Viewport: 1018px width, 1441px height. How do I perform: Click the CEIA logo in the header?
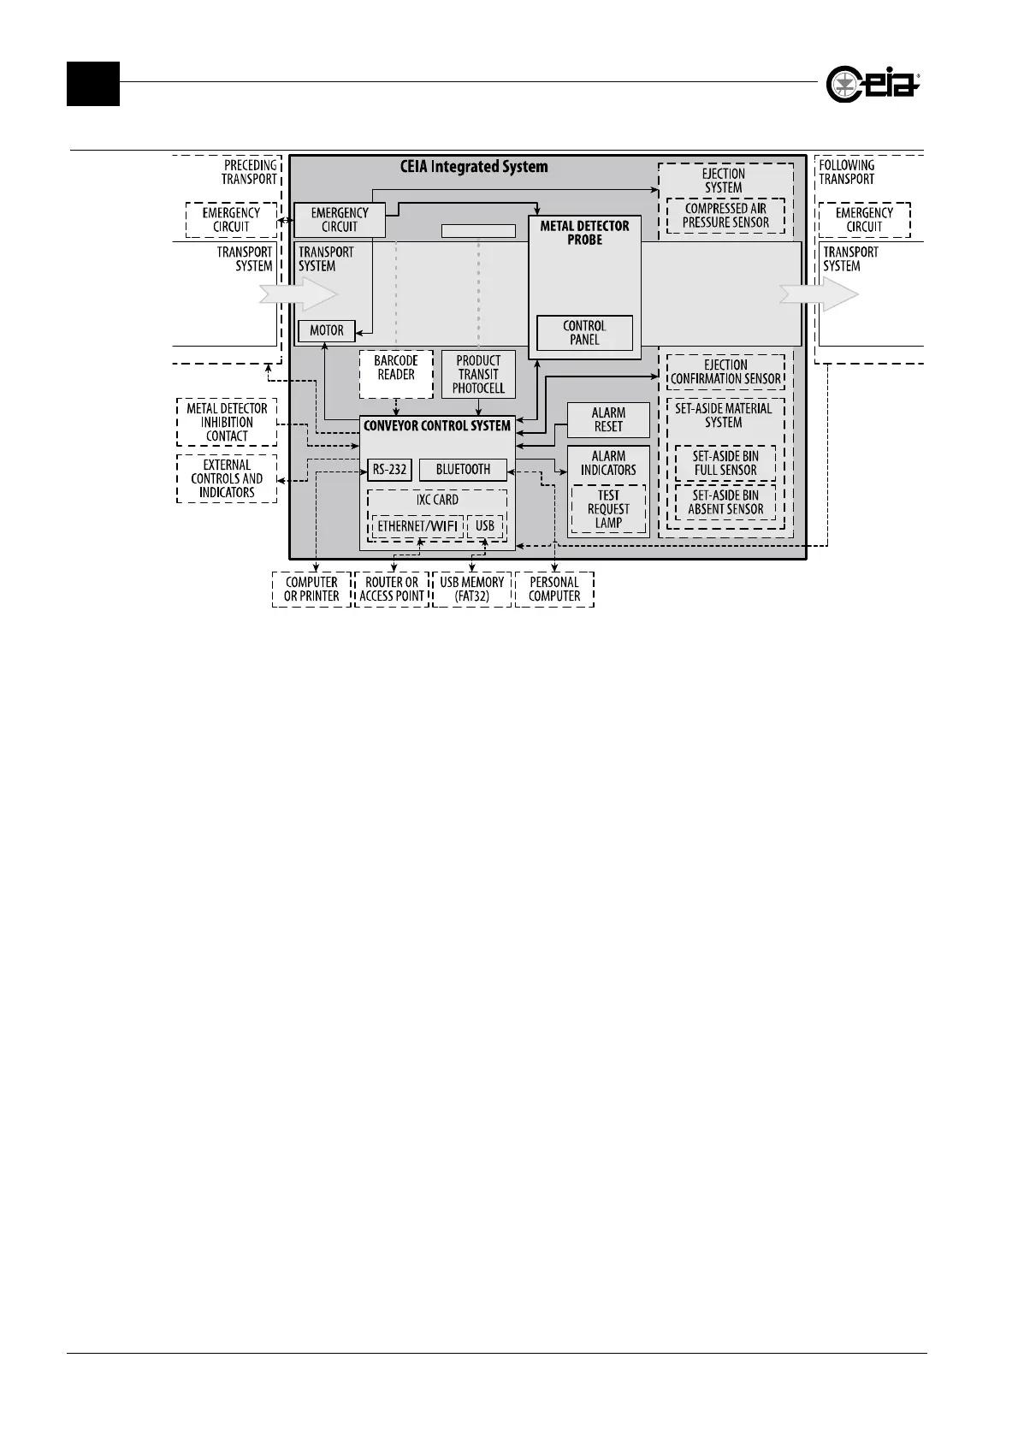pyautogui.click(x=873, y=84)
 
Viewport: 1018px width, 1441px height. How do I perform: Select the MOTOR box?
pyautogui.click(x=327, y=330)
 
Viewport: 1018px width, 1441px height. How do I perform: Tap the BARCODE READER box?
pyautogui.click(x=396, y=374)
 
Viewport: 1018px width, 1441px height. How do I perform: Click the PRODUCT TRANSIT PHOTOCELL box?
pyautogui.click(x=478, y=374)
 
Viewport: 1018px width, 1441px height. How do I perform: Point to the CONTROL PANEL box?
pyautogui.click(x=584, y=333)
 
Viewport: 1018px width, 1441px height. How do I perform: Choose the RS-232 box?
pyautogui.click(x=390, y=470)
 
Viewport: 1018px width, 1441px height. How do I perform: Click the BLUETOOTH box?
pyautogui.click(x=463, y=470)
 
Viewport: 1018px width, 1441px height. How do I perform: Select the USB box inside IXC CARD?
pyautogui.click(x=485, y=526)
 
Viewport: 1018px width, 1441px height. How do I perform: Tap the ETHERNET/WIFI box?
pyautogui.click(x=417, y=526)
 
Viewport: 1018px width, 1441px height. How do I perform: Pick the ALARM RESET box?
pyautogui.click(x=608, y=419)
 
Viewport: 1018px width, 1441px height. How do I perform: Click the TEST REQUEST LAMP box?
pyautogui.click(x=608, y=509)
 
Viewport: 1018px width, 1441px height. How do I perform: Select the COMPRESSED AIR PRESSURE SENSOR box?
pyautogui.click(x=725, y=216)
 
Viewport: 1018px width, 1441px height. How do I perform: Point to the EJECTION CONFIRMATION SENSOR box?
pyautogui.click(x=725, y=372)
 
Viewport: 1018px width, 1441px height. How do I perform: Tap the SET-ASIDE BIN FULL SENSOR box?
pyautogui.click(x=725, y=463)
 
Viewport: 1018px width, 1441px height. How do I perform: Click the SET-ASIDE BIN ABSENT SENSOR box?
pyautogui.click(x=725, y=502)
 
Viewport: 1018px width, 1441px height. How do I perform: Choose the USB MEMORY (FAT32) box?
pyautogui.click(x=472, y=590)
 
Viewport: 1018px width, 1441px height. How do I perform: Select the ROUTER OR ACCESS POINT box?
pyautogui.click(x=392, y=590)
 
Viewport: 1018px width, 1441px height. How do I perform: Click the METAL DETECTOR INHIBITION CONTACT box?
pyautogui.click(x=227, y=422)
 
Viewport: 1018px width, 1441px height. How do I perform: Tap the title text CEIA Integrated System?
pyautogui.click(x=474, y=167)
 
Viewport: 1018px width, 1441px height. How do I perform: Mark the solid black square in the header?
pyautogui.click(x=93, y=84)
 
